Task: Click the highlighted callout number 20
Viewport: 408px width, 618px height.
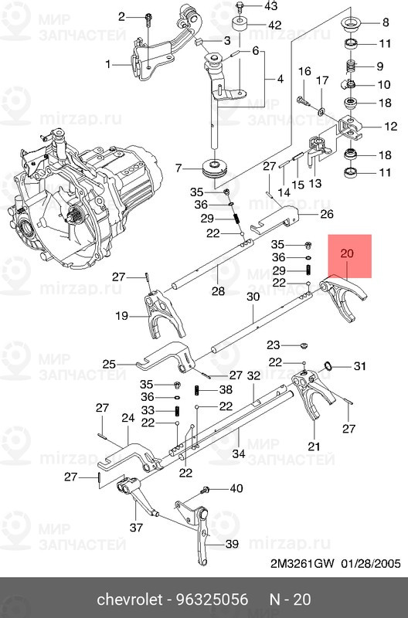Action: pos(346,253)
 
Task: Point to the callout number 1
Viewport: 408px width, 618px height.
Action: pos(109,64)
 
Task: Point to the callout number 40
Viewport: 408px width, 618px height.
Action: pos(236,488)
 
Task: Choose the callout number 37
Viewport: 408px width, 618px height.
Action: pos(136,528)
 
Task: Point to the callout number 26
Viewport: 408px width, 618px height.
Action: pos(326,214)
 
